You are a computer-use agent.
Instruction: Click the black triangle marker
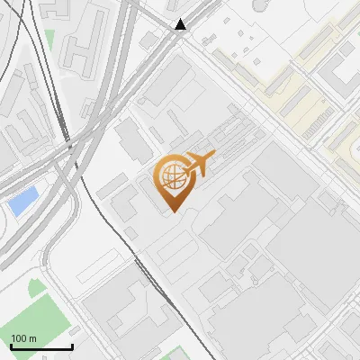coord(182,24)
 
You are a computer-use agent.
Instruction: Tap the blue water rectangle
coord(22,202)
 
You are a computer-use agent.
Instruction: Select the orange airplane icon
coord(199,165)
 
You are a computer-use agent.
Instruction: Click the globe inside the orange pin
coord(171,177)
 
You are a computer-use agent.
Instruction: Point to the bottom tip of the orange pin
coord(171,212)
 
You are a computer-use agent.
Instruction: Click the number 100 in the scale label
coord(19,338)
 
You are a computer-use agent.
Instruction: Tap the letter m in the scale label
coord(32,338)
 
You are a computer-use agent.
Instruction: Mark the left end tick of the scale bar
coord(10,346)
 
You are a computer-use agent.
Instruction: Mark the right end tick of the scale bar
coord(72,346)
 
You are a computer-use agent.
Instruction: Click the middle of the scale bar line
coord(40,347)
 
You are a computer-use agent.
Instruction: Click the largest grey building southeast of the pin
coord(270,207)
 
